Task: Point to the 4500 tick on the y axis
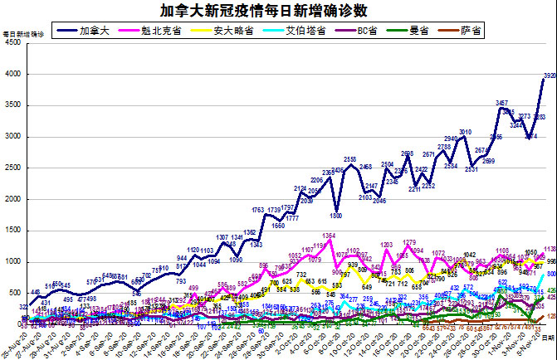tap(14, 42)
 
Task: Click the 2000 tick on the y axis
tap(14, 199)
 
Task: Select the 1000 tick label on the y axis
tap(14, 262)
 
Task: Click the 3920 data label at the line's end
tap(549, 76)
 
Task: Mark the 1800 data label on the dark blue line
tap(336, 216)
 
